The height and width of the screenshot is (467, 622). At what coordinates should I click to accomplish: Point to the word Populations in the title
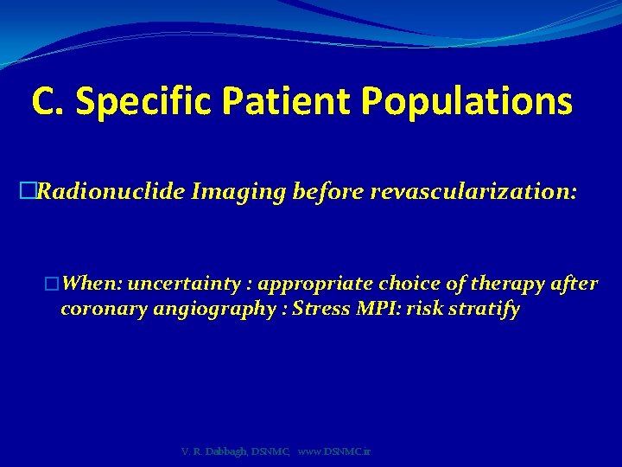point(466,101)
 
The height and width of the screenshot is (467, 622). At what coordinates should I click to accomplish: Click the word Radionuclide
point(111,192)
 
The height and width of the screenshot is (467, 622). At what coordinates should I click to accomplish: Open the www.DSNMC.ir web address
point(334,452)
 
